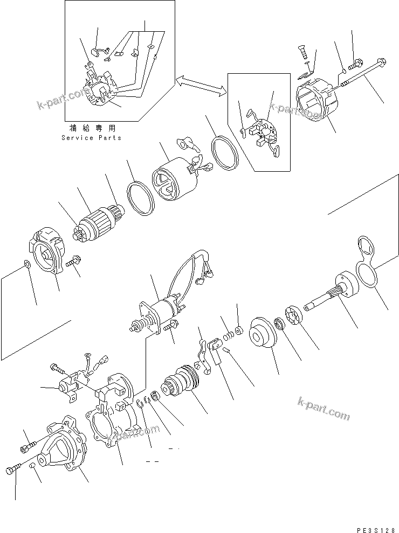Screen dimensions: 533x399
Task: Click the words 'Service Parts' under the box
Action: click(x=91, y=138)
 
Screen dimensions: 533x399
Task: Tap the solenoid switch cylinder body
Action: click(x=163, y=312)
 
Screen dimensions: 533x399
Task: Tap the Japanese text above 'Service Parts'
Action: click(x=91, y=129)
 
